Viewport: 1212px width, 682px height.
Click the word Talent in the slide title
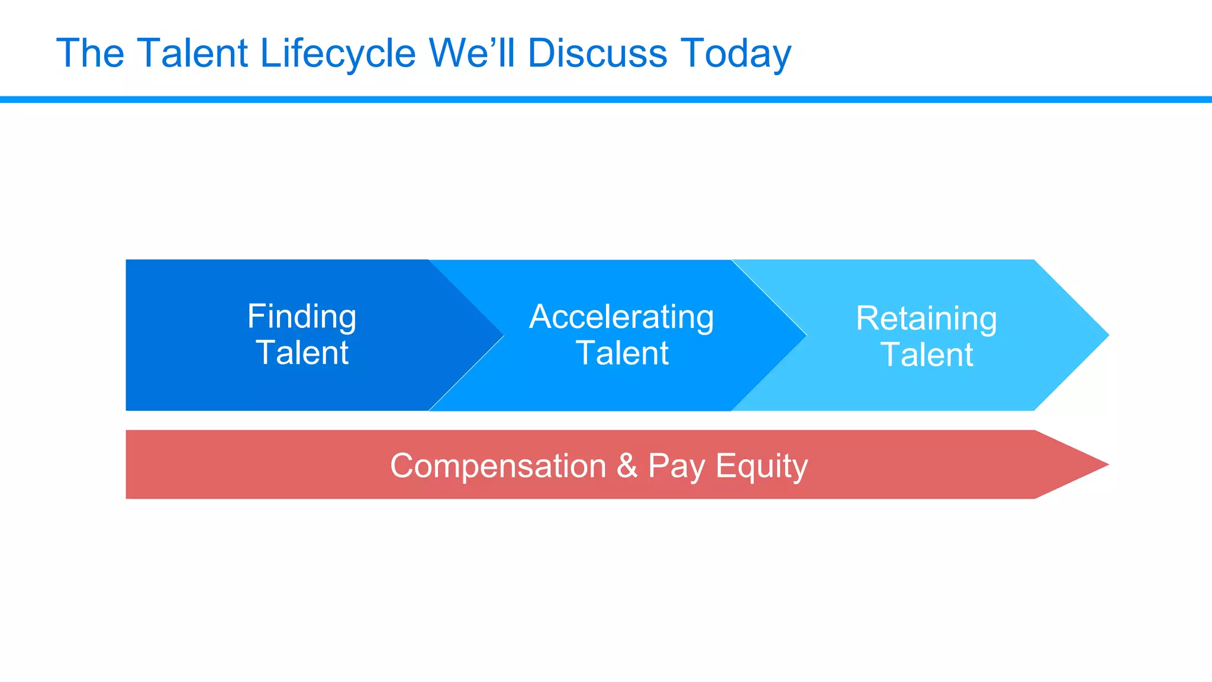192,53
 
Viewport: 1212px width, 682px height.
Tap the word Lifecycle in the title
337,53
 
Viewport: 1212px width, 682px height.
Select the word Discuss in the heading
597,53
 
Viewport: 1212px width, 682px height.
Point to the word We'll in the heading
472,53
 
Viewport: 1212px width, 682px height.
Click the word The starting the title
90,53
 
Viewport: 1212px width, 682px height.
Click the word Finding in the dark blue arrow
302,317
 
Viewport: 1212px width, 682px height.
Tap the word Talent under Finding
302,353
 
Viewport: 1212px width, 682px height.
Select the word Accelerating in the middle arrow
621,317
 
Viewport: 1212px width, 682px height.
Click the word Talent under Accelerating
621,353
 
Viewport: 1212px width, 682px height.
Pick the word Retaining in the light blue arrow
926,319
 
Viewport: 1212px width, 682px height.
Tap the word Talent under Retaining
926,355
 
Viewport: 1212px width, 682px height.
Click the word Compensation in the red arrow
498,466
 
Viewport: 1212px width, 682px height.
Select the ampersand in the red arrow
627,466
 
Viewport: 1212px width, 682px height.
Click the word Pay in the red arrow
676,466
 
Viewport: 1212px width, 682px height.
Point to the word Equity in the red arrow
762,466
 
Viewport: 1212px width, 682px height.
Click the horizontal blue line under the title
606,99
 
